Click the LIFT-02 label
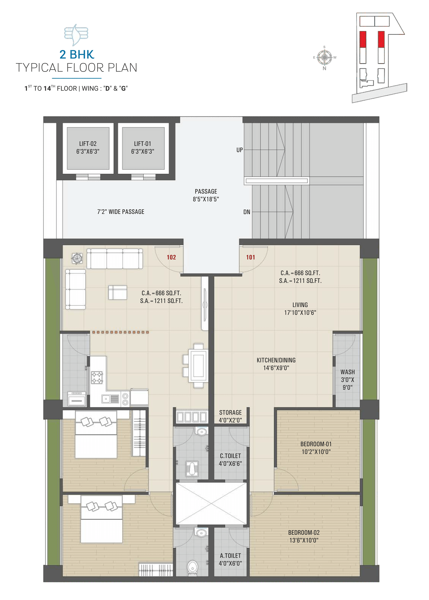click(88, 144)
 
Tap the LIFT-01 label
click(142, 144)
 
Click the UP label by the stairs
click(240, 150)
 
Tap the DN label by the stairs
click(247, 212)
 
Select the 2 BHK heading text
click(77, 54)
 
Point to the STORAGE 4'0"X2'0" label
click(230, 416)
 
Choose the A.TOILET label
click(230, 556)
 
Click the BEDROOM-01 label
click(316, 444)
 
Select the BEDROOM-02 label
click(304, 533)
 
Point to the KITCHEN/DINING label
click(276, 360)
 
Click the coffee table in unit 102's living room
click(117, 292)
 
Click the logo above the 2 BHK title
click(76, 35)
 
